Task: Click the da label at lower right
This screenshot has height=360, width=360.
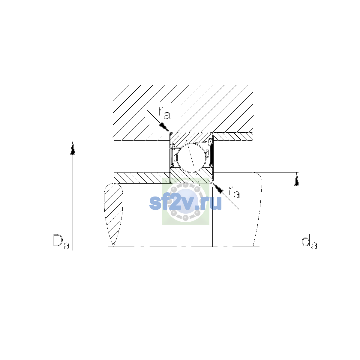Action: [309, 243]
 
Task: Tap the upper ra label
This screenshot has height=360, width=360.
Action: [164, 113]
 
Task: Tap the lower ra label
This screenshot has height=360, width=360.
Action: [234, 192]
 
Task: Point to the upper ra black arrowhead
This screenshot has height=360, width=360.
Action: [164, 127]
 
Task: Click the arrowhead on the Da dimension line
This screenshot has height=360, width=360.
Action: [73, 148]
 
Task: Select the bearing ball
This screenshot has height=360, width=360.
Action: [191, 158]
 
